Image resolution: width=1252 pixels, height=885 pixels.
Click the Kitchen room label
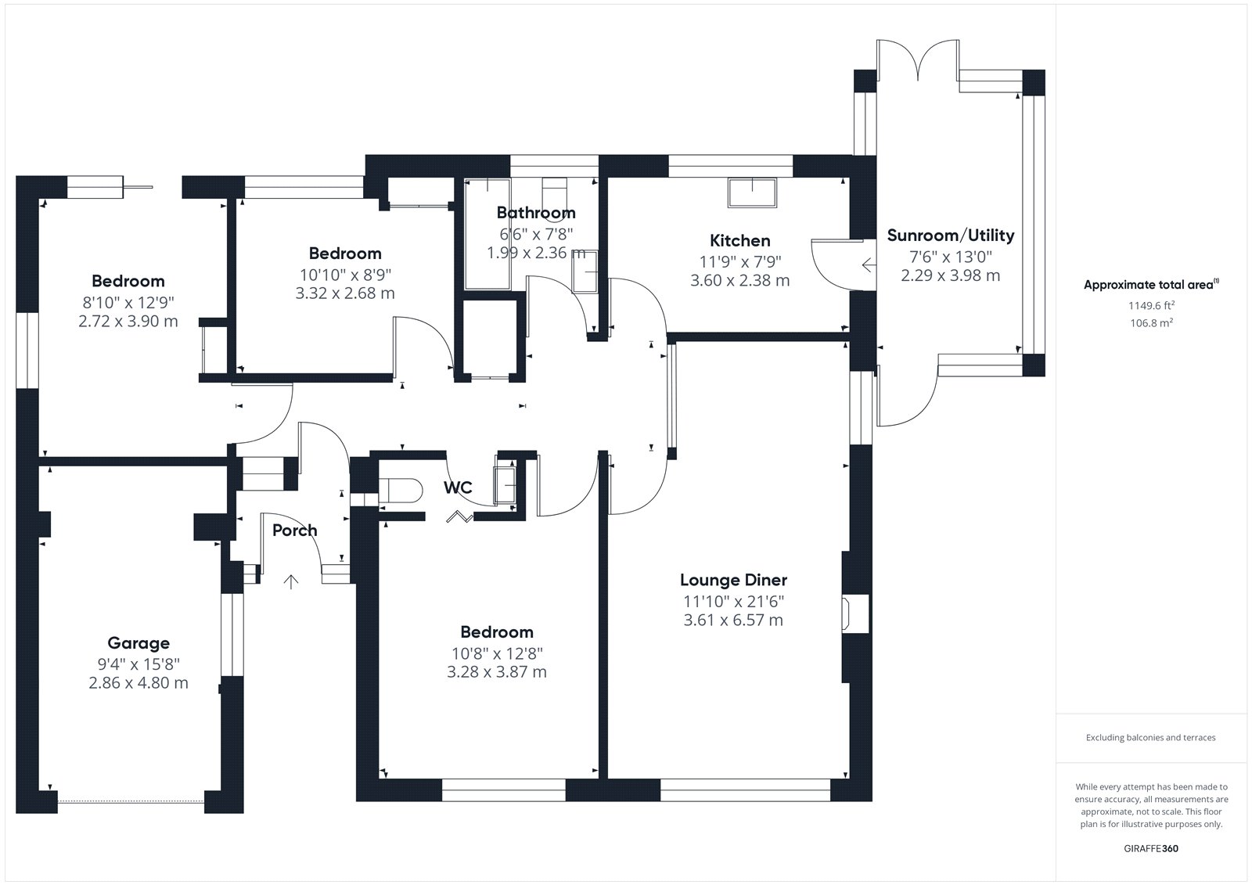click(740, 241)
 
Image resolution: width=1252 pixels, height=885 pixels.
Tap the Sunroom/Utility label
click(951, 236)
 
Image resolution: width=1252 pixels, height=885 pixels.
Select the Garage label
click(139, 643)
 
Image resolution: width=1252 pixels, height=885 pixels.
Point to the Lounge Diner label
click(733, 581)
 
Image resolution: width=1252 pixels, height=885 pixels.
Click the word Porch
click(294, 530)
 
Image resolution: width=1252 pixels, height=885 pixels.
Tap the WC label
click(458, 487)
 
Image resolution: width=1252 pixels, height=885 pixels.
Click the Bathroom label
click(536, 212)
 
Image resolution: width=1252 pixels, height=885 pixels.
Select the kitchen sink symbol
click(752, 192)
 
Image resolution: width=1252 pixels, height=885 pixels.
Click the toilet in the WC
click(400, 491)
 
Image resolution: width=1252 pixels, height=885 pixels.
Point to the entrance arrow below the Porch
click(290, 581)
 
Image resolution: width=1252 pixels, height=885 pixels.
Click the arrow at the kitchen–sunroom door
click(869, 264)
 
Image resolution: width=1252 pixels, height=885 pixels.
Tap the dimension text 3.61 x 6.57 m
click(733, 620)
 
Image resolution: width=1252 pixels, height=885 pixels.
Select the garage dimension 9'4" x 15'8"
click(139, 664)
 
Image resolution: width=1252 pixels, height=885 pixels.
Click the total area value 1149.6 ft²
click(1151, 305)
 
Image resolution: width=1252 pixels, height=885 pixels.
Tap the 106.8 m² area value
click(1151, 322)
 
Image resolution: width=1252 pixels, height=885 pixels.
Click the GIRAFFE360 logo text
click(1151, 848)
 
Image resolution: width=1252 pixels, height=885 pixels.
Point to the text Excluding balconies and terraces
click(1151, 737)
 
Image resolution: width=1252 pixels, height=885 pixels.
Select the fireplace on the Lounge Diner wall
click(855, 613)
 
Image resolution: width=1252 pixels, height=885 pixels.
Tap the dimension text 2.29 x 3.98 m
click(950, 275)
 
